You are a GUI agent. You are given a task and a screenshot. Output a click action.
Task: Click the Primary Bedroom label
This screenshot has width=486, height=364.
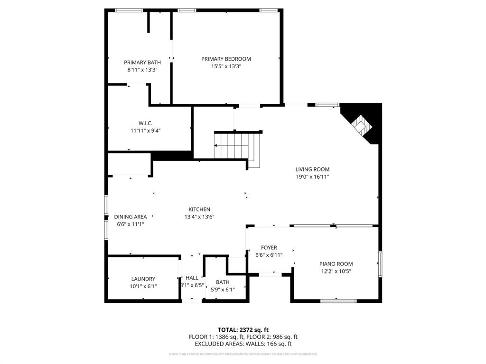click(x=226, y=59)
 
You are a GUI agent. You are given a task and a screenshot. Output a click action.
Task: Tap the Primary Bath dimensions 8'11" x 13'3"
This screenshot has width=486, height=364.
click(x=142, y=70)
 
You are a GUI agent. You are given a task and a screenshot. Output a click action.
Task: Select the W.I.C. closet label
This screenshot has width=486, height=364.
click(x=145, y=123)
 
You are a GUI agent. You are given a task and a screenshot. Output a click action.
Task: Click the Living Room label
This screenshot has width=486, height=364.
click(x=312, y=169)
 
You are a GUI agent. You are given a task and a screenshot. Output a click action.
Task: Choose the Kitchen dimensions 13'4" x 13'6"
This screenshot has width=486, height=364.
click(x=199, y=217)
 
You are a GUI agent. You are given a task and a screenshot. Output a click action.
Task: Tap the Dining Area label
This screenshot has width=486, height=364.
click(x=131, y=217)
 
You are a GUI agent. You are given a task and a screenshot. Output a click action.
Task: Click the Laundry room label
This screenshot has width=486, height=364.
click(x=143, y=279)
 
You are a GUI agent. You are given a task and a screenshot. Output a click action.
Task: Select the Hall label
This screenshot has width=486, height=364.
click(x=192, y=278)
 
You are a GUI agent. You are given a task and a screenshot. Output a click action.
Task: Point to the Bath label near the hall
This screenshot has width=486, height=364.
click(x=223, y=282)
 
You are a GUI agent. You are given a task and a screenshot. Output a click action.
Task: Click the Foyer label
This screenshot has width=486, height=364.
click(x=269, y=247)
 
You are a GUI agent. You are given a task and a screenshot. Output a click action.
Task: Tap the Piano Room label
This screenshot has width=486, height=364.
click(x=336, y=264)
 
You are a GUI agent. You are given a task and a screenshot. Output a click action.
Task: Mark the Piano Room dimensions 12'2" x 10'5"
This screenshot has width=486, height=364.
click(x=336, y=271)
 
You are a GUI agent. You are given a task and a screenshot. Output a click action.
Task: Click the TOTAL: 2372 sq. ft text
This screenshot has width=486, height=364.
click(x=243, y=329)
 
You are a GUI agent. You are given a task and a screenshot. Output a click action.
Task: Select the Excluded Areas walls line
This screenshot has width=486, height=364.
click(x=243, y=344)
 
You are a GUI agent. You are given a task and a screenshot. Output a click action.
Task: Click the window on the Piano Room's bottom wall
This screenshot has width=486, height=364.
click(x=338, y=300)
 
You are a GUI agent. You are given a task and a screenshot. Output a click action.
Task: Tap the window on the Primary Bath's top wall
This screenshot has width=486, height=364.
click(x=129, y=10)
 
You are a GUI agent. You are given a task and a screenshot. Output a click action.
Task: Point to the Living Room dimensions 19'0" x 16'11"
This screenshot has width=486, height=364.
click(x=312, y=177)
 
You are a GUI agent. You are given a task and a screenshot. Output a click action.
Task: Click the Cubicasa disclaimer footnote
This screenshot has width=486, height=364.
click(x=243, y=354)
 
